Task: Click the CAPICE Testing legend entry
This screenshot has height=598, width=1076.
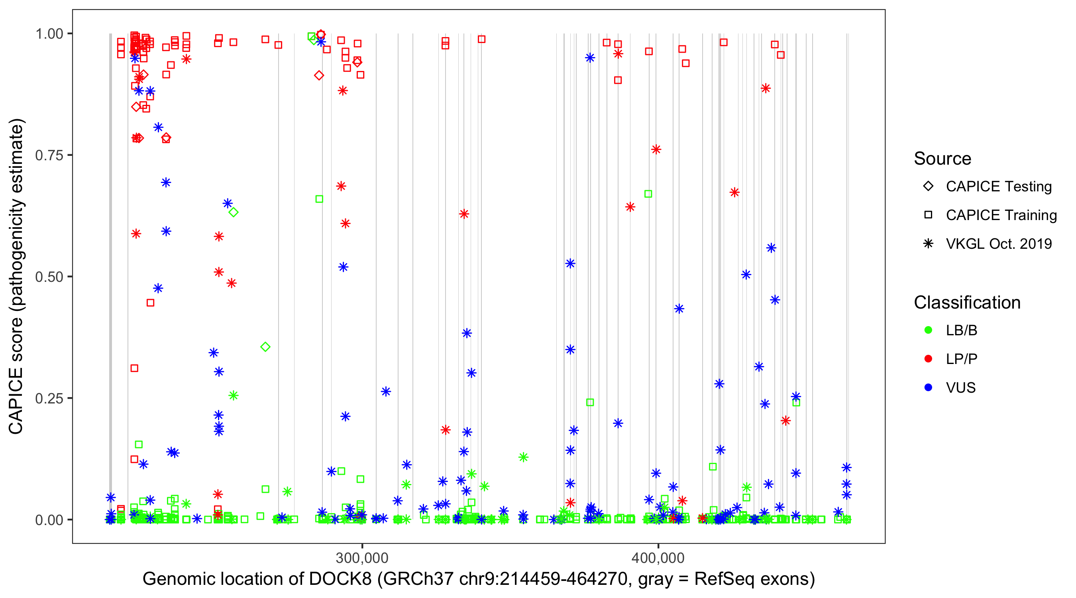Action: point(998,187)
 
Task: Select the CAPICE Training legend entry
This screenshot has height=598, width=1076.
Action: point(1001,215)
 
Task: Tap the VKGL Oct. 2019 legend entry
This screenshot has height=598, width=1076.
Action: point(998,244)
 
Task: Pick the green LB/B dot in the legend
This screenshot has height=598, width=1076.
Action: point(928,330)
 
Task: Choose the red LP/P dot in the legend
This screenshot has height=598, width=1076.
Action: point(928,359)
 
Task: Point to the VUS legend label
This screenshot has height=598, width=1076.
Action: point(961,388)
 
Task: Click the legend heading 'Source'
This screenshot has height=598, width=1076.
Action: point(942,159)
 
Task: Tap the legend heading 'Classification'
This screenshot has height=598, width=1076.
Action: point(967,303)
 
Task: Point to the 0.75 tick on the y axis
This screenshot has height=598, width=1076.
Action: point(49,155)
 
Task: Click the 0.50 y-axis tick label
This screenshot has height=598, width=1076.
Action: point(49,277)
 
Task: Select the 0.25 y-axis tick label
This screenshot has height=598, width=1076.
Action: point(49,398)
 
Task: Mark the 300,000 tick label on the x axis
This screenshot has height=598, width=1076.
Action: point(362,557)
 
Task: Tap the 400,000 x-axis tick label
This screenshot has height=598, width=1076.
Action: point(658,557)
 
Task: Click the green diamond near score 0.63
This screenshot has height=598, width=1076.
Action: point(234,212)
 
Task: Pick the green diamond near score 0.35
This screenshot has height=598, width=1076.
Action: point(265,347)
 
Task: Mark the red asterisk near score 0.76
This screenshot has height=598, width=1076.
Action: point(656,149)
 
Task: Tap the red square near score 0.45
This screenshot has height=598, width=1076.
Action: point(150,303)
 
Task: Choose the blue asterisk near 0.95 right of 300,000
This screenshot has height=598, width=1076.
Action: point(590,58)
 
